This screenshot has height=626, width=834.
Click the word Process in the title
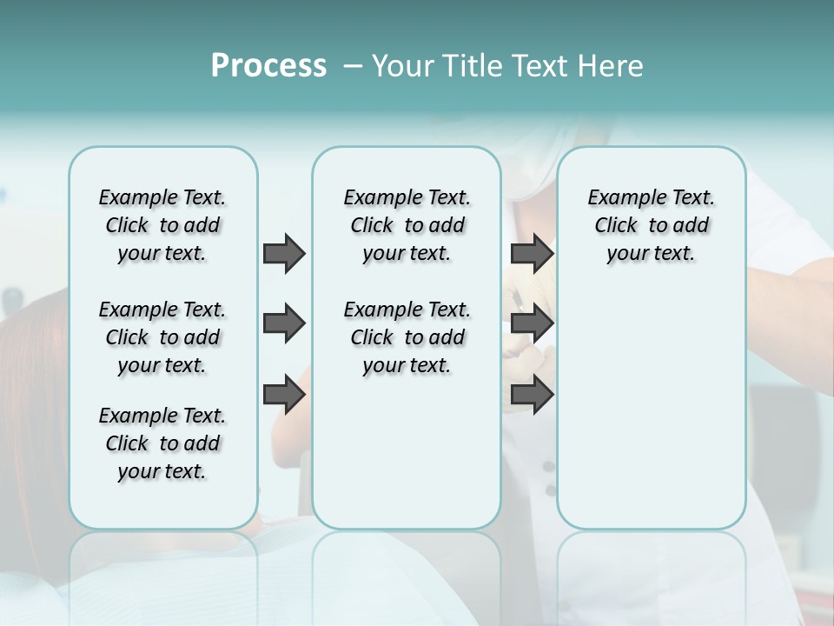click(268, 66)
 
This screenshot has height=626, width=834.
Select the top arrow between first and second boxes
click(284, 254)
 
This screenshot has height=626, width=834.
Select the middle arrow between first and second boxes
click(284, 324)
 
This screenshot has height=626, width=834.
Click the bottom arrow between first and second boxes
click(284, 396)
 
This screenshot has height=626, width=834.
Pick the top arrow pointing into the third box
click(532, 254)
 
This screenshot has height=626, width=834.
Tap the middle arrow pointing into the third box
click(532, 324)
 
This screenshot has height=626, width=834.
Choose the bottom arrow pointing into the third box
click(532, 396)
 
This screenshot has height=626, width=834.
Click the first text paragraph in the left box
click(162, 225)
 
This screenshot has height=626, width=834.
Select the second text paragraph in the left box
click(162, 337)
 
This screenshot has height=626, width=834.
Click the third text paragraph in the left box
click(162, 443)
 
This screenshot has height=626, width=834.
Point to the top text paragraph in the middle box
click(407, 225)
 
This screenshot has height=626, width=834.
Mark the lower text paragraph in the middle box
click(407, 337)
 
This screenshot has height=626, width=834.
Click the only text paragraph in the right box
click(651, 225)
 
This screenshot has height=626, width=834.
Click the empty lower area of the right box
click(651, 409)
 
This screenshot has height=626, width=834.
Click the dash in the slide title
click(353, 66)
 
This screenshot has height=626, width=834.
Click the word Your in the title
click(399, 66)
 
